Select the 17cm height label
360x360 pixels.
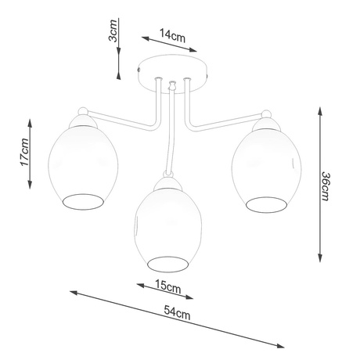23,151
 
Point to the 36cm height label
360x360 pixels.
328,185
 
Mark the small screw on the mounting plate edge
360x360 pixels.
139,70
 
